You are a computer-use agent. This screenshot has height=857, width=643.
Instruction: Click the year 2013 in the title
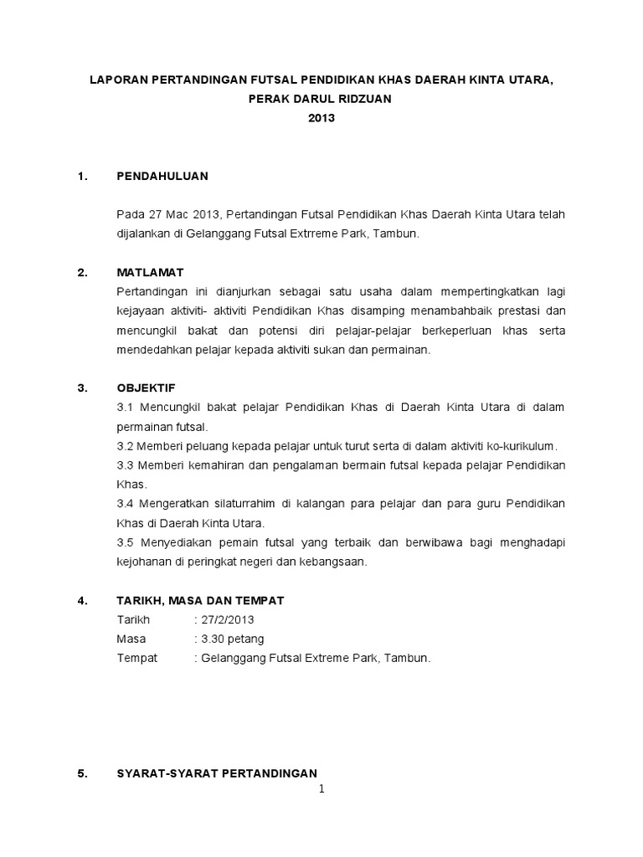(x=321, y=118)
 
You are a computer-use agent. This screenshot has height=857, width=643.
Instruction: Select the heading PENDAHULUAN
(x=162, y=176)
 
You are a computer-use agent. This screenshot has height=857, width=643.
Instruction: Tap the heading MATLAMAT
(x=151, y=273)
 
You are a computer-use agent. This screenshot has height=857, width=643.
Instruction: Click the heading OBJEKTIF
(x=147, y=387)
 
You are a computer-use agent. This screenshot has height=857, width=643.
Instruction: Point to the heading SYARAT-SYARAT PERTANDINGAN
(x=218, y=774)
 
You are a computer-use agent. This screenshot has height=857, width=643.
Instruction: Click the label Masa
(x=131, y=639)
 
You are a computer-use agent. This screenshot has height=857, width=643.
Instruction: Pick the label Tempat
(x=137, y=658)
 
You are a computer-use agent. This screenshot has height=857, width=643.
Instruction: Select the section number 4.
(x=81, y=600)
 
